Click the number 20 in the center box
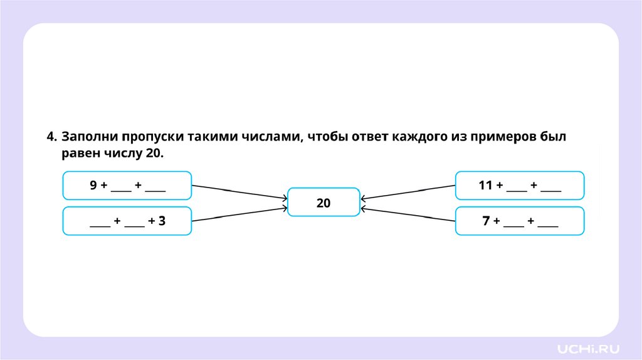(x=324, y=203)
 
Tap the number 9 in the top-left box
(x=93, y=186)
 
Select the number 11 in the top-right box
(x=485, y=186)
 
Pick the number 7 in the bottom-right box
(x=485, y=221)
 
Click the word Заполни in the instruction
(x=90, y=137)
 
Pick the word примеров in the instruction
(x=503, y=137)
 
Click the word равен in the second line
(x=80, y=153)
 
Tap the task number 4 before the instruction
(x=50, y=137)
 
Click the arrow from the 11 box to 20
(x=408, y=192)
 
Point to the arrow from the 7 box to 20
(x=408, y=214)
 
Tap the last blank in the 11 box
(x=550, y=188)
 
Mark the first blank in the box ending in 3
(x=100, y=223)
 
